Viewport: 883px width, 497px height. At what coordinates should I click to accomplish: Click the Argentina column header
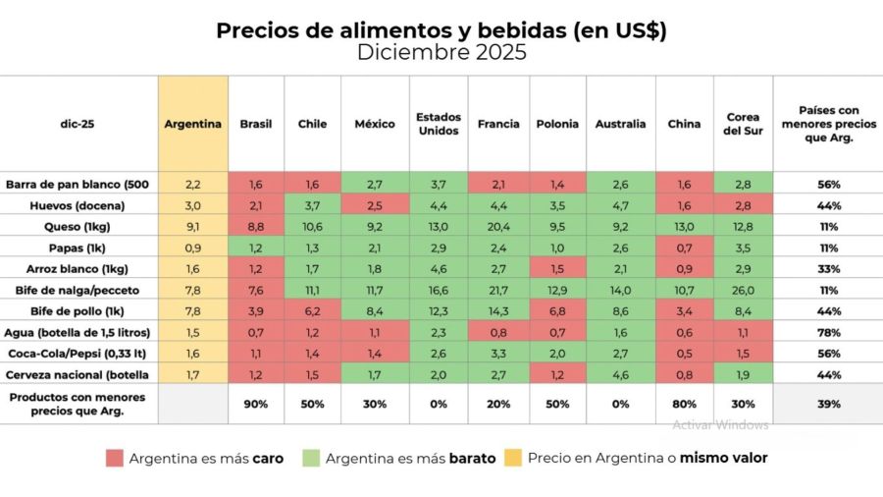point(193,124)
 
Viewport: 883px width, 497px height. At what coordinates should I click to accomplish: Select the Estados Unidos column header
point(439,124)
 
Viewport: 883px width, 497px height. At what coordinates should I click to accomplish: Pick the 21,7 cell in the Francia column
point(498,290)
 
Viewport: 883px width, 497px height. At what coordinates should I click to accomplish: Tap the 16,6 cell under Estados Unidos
point(439,290)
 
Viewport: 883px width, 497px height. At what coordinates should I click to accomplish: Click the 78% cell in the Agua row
point(827,333)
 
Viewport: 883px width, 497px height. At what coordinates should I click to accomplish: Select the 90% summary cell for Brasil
point(256,404)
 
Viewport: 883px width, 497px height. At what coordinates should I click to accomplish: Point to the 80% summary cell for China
point(684,404)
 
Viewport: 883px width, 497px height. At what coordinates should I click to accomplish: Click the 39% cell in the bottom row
point(827,404)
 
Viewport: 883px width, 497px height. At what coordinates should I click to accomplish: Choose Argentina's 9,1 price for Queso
point(193,225)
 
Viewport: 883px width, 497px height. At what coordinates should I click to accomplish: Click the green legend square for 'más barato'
point(310,458)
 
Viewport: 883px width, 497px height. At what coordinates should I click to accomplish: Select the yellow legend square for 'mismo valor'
point(512,458)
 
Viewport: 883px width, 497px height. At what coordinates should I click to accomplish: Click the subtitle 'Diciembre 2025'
point(441,53)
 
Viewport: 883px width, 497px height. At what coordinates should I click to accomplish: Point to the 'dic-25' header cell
point(78,124)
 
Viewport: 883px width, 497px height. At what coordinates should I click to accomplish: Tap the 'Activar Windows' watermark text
point(720,425)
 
